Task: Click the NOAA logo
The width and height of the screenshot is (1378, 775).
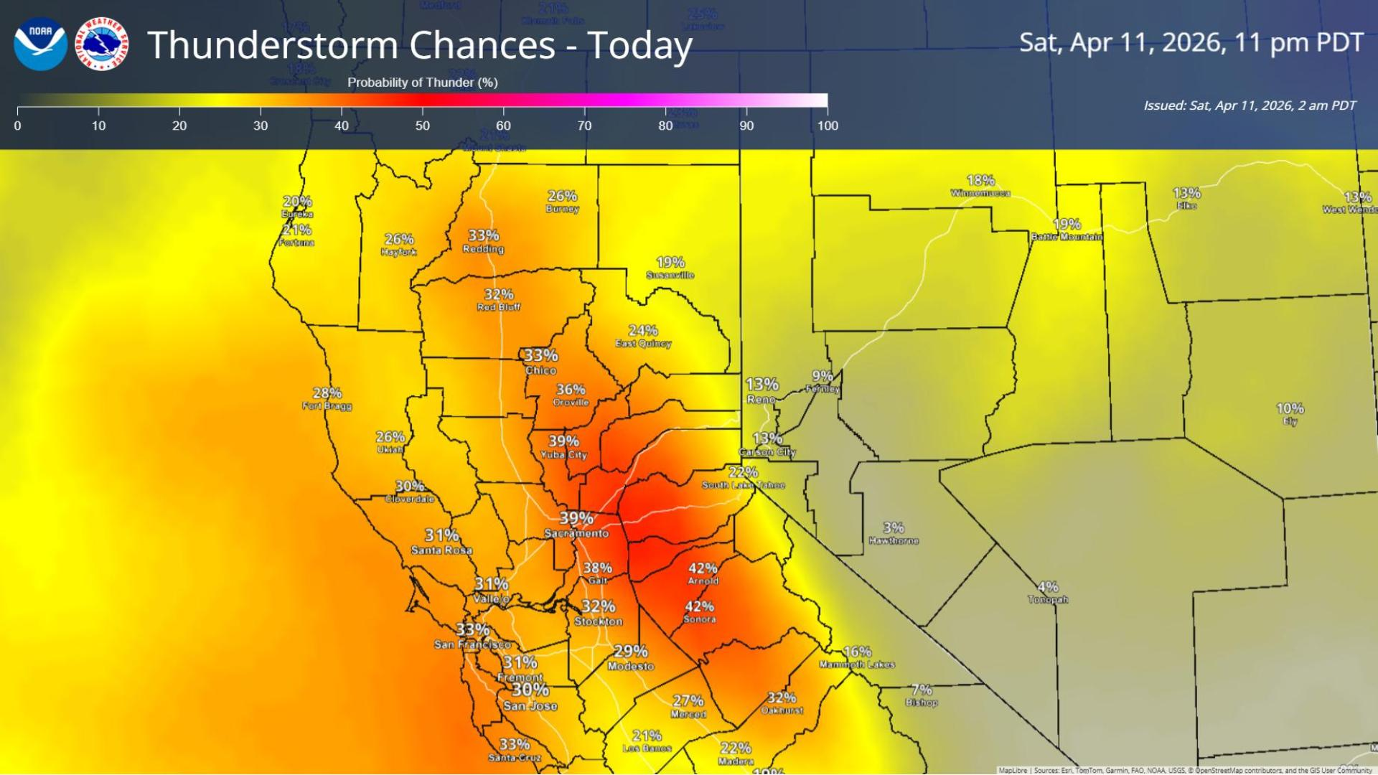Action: point(40,44)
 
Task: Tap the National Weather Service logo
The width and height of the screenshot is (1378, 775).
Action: point(102,44)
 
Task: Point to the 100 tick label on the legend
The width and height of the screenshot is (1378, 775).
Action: point(827,126)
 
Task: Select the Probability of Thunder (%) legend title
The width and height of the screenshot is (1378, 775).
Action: point(422,83)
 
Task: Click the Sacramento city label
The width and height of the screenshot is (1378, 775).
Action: point(576,533)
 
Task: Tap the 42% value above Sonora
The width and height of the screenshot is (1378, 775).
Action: point(699,606)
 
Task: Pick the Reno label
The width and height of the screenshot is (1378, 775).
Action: point(761,400)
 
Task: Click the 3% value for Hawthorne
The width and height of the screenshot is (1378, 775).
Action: point(894,527)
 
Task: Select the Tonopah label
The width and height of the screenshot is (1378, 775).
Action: point(1048,599)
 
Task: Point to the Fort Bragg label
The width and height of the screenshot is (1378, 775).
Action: point(327,406)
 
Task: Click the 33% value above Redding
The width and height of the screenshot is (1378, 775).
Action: point(484,235)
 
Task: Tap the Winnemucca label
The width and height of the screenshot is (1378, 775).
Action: point(980,193)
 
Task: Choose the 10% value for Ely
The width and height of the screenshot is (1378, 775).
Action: point(1290,408)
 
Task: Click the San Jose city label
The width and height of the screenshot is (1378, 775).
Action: point(530,705)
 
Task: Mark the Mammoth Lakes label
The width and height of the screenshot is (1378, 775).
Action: point(857,664)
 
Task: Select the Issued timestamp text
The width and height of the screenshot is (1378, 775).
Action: point(1250,105)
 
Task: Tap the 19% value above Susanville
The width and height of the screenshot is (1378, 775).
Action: point(670,262)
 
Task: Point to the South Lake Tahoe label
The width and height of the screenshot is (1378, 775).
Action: point(744,485)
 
